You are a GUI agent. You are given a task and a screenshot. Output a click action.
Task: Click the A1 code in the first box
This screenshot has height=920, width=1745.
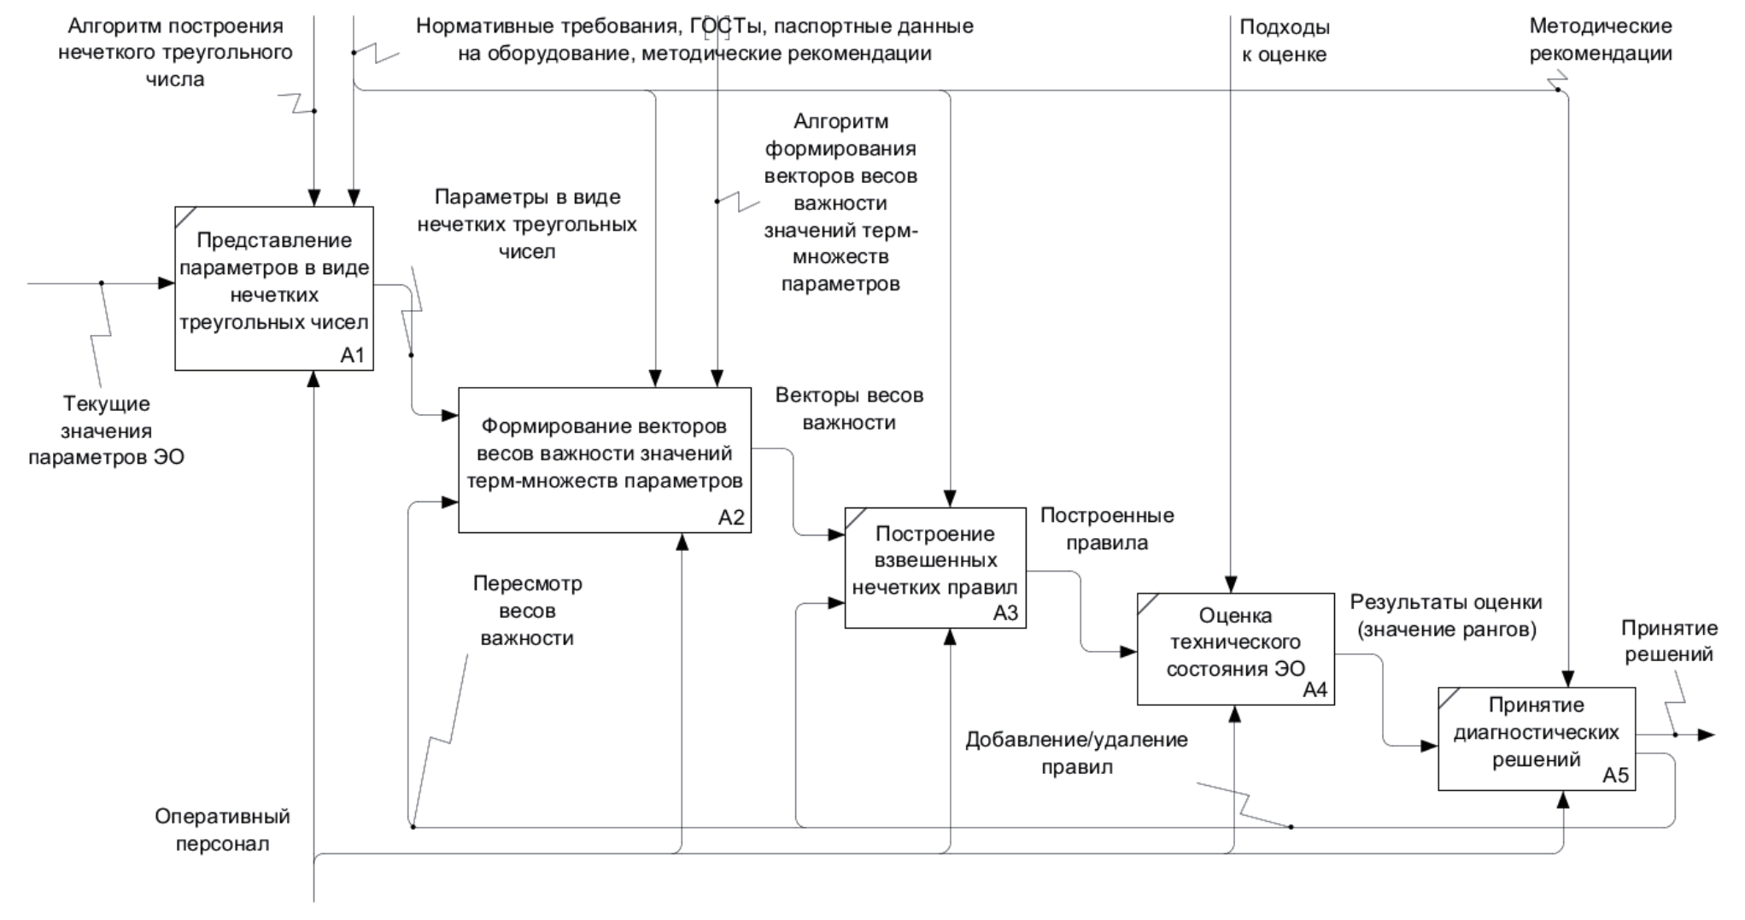pos(353,355)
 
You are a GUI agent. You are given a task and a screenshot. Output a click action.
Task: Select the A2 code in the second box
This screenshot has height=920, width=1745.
pos(731,518)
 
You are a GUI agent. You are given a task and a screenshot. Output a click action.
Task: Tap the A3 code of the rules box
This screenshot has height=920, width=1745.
pos(1005,613)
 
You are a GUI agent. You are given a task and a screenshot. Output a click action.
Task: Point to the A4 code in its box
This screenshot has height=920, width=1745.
pos(1315,690)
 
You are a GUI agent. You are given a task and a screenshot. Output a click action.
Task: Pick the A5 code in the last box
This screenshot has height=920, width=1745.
pos(1615,776)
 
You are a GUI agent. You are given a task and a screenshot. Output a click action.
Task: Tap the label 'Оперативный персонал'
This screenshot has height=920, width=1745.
pos(222,829)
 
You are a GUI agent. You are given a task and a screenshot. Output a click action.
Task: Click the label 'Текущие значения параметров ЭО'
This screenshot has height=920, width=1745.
pos(106,431)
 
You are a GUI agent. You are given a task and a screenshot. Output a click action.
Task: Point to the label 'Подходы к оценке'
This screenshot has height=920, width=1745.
pos(1284,40)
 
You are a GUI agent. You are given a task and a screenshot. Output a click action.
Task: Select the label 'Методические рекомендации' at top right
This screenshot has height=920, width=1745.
pos(1600,40)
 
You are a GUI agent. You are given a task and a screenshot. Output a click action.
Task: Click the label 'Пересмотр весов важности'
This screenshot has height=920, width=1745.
pos(527,611)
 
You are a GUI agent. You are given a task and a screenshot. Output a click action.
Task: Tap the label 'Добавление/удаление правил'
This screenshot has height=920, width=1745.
pos(1076,753)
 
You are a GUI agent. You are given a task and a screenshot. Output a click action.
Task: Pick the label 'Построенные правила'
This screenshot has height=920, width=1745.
pos(1107,529)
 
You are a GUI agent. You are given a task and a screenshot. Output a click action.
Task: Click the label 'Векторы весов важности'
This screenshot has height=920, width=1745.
pos(849,409)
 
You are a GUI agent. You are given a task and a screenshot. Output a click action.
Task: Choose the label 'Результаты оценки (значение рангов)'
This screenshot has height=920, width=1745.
pos(1446,616)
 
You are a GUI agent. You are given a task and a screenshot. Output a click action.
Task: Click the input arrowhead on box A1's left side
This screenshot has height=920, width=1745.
pos(167,283)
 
